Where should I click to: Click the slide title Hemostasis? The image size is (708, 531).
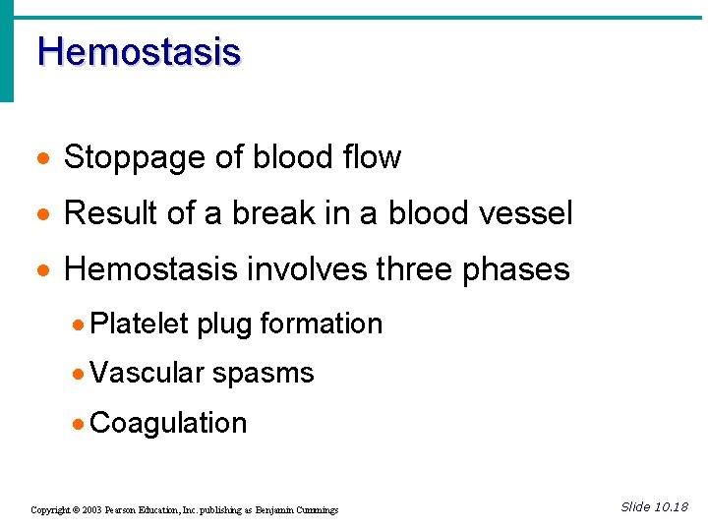pyautogui.click(x=139, y=51)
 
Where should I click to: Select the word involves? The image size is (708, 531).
pyautogui.click(x=298, y=269)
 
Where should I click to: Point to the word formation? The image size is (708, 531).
pyautogui.click(x=321, y=324)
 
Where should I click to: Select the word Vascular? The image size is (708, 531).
pyautogui.click(x=146, y=373)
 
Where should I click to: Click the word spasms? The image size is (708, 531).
pyautogui.click(x=263, y=374)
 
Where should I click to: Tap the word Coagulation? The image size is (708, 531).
pyautogui.click(x=167, y=423)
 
